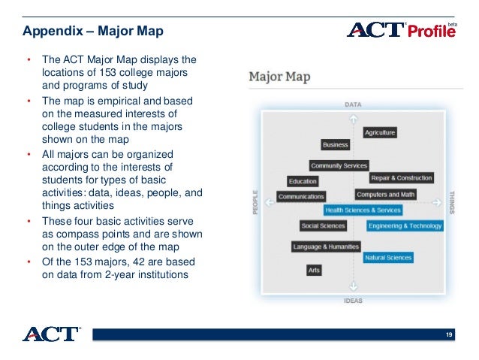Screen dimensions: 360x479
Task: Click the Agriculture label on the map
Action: [x=379, y=132]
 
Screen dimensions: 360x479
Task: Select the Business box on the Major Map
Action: [x=335, y=144]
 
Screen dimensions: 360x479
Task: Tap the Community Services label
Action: [x=339, y=165]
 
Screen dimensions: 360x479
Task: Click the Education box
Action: [x=303, y=181]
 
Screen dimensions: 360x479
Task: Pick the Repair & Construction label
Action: [x=401, y=178]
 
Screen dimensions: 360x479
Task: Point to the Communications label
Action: [x=300, y=196]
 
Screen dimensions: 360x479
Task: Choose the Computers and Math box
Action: [x=385, y=195]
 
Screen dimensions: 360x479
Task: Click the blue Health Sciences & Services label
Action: [x=363, y=210]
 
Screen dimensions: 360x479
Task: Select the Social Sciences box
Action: [x=323, y=225]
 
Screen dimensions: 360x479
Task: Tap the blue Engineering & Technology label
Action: [x=405, y=225]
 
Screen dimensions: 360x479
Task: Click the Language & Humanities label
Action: [x=326, y=247]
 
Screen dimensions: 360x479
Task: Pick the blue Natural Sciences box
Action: [x=387, y=258]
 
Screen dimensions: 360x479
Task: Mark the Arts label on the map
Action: [x=313, y=269]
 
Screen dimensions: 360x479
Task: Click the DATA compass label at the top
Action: [x=353, y=104]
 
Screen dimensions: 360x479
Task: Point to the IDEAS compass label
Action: [x=353, y=301]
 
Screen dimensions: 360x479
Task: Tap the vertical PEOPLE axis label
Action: [x=255, y=201]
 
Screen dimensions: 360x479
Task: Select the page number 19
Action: [x=449, y=334]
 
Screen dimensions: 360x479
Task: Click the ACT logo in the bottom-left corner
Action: [x=50, y=334]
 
